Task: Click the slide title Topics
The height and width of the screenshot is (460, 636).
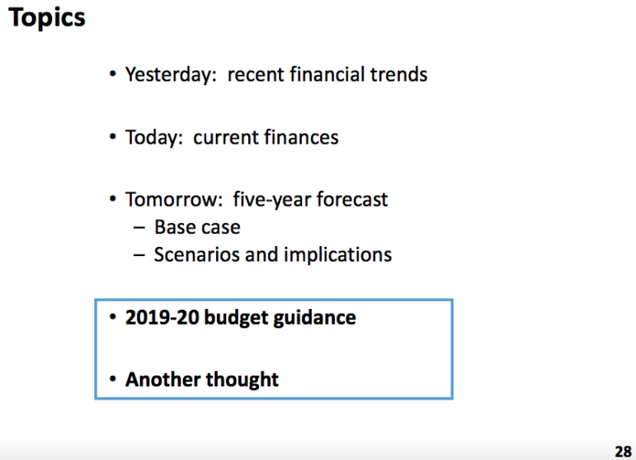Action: point(47,19)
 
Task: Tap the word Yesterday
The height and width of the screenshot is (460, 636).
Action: point(171,75)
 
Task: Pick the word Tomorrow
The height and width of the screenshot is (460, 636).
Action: point(174,199)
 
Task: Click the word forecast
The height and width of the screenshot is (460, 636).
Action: point(352,199)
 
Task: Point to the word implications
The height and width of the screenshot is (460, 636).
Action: point(337,255)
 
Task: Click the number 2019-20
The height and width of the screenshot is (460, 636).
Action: point(163,317)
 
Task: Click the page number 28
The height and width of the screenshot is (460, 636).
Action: point(623,452)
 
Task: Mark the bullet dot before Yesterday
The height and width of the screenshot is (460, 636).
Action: point(113,74)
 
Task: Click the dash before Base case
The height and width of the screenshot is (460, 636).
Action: point(139,228)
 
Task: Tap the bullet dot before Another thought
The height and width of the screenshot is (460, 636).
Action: point(113,380)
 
